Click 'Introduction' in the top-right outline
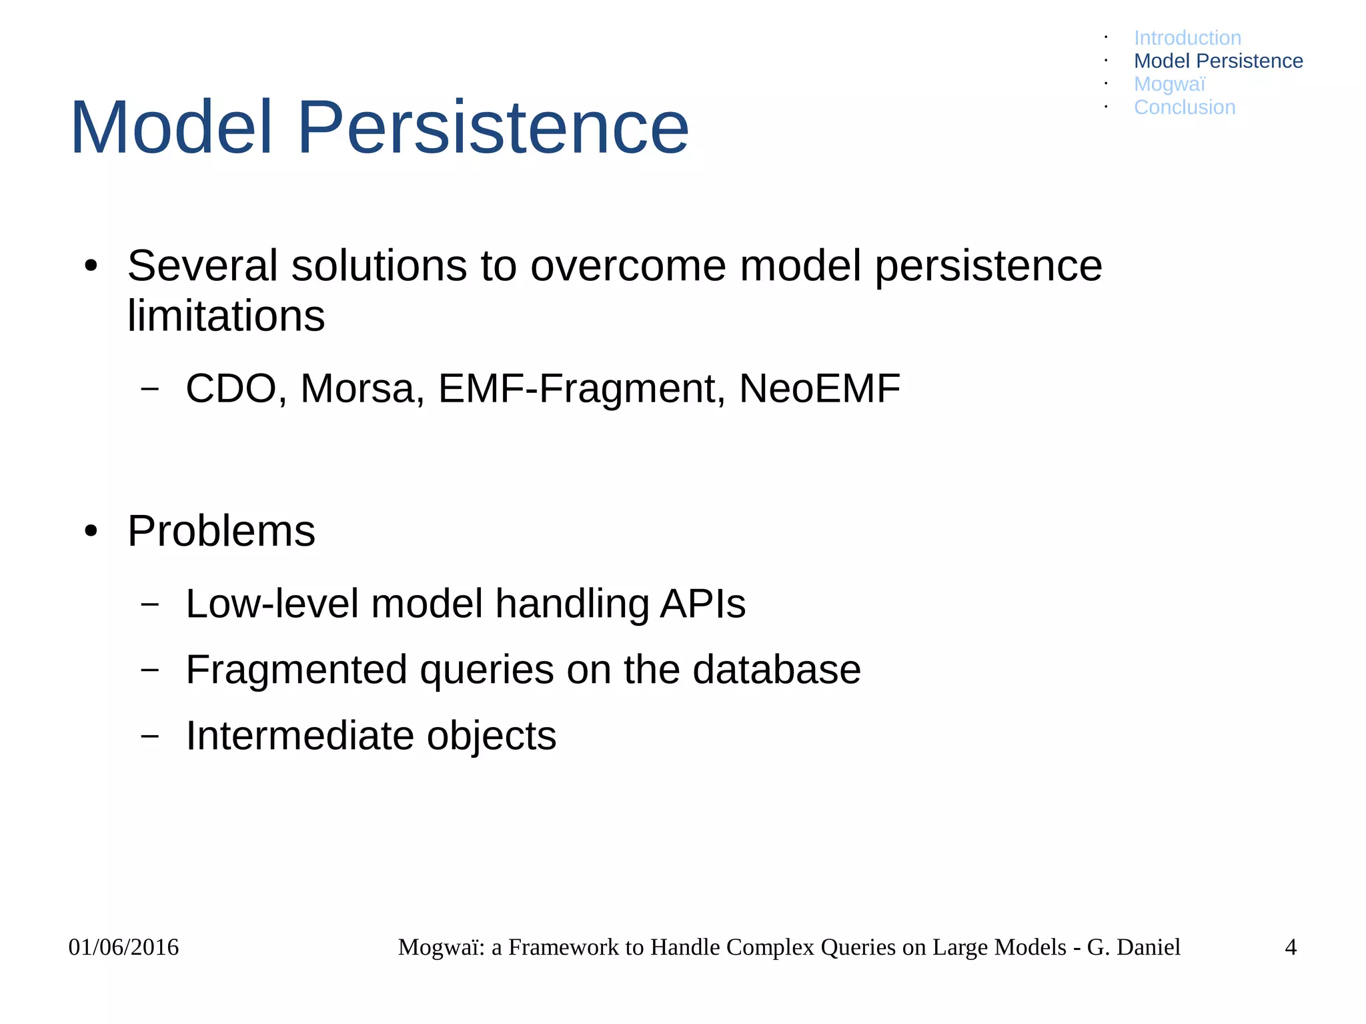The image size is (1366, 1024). click(x=1187, y=38)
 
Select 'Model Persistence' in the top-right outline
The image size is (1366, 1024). click(x=1218, y=61)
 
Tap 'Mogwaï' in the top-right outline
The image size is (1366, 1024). click(x=1169, y=84)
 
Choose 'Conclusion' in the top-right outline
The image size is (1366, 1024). click(x=1185, y=107)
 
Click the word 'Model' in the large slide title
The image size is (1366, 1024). click(x=171, y=127)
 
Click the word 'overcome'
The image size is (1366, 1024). click(x=628, y=266)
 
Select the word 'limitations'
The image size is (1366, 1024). click(x=226, y=315)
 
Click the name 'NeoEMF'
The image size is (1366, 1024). click(x=820, y=388)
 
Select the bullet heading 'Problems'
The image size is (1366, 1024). click(x=221, y=531)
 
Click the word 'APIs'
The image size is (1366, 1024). click(x=702, y=604)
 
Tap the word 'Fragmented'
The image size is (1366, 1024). click(x=296, y=670)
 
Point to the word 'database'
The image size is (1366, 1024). click(x=776, y=670)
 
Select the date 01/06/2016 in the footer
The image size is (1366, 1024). click(x=123, y=947)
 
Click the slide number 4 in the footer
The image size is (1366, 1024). click(x=1290, y=947)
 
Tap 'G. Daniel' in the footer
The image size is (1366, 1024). click(x=1133, y=947)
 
